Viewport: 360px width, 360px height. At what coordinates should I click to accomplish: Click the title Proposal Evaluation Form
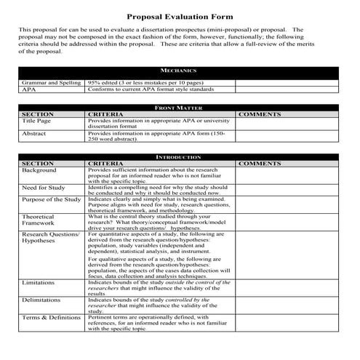pos(179,15)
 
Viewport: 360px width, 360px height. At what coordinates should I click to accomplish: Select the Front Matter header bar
pos(179,108)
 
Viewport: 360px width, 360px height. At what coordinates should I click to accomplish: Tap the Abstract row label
pos(34,134)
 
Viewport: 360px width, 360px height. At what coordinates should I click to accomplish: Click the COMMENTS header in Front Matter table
pos(260,115)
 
